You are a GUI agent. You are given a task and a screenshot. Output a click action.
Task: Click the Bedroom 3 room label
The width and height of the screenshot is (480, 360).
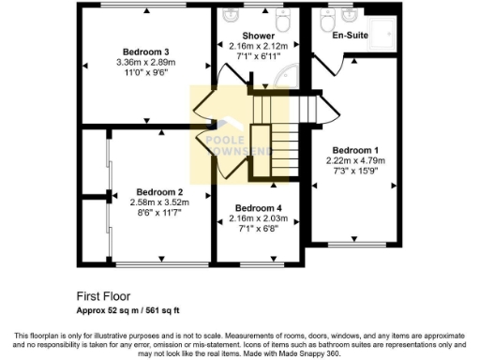145,52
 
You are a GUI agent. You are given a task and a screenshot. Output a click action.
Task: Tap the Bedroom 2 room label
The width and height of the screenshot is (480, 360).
158,190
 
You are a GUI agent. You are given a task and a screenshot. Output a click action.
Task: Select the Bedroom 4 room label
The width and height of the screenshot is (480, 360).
257,208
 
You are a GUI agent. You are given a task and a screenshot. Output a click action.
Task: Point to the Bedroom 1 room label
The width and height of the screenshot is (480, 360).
354,150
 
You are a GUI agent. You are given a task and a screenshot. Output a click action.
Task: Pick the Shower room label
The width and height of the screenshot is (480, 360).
259,36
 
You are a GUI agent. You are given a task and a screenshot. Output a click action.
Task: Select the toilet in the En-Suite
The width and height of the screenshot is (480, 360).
327,19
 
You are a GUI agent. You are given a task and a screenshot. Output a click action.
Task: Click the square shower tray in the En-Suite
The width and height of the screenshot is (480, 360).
384,32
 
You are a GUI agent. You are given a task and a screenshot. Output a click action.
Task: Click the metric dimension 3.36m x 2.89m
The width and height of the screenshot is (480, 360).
145,63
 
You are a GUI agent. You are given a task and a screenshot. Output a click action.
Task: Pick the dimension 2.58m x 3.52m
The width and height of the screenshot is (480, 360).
158,202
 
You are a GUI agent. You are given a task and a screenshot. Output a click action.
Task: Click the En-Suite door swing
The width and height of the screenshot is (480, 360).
350,62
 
